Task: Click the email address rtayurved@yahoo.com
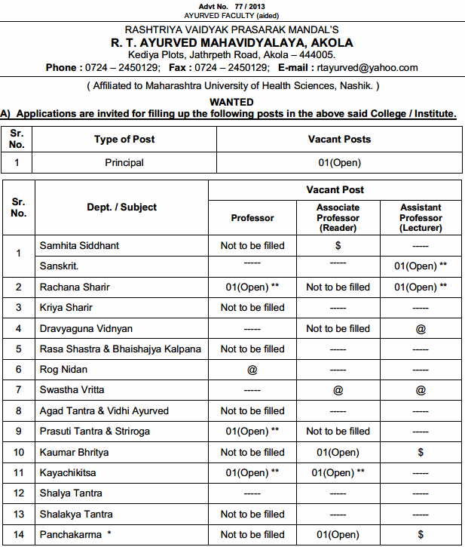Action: pos(367,67)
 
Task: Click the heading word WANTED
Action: pos(233,102)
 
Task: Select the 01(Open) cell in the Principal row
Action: pos(339,162)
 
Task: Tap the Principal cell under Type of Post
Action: pos(124,162)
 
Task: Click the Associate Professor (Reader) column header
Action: pos(338,217)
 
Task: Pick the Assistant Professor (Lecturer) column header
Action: pos(421,217)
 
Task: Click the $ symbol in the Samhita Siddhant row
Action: pos(338,246)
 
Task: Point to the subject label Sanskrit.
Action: pos(60,266)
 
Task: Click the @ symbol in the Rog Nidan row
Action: pos(252,370)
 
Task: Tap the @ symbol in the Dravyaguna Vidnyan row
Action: pos(421,328)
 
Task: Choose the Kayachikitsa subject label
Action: pos(69,472)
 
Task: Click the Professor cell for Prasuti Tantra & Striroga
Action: pos(252,432)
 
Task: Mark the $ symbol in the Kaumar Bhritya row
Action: pos(421,452)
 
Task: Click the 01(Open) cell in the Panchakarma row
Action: pos(338,535)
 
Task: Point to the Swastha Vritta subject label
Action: pos(72,390)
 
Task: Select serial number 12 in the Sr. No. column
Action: pos(18,493)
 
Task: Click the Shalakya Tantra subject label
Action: pos(76,514)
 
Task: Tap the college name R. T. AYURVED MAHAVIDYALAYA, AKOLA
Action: pos(232,43)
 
